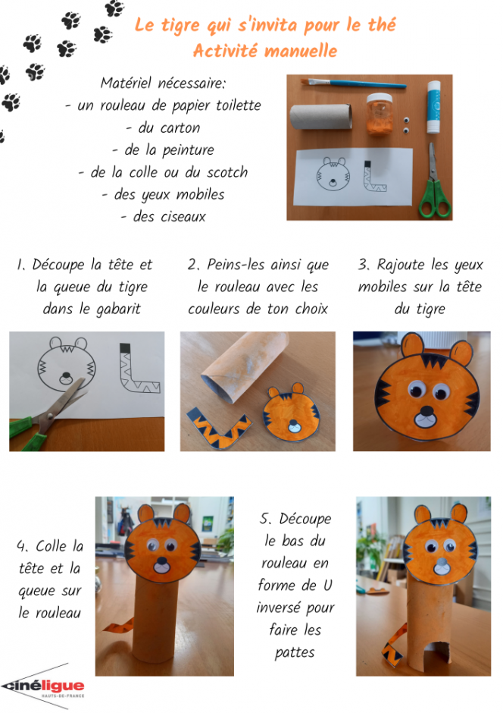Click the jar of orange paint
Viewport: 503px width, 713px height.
[379, 114]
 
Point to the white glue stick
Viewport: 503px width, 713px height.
[433, 106]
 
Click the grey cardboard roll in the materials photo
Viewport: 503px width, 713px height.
[321, 116]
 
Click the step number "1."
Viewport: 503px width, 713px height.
[21, 265]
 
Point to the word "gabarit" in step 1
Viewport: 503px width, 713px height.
[118, 309]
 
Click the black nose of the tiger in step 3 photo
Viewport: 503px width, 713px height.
[426, 410]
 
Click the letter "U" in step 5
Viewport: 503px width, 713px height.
[328, 586]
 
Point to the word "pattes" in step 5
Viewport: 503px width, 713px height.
[295, 653]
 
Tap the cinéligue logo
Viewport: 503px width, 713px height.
[43, 686]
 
